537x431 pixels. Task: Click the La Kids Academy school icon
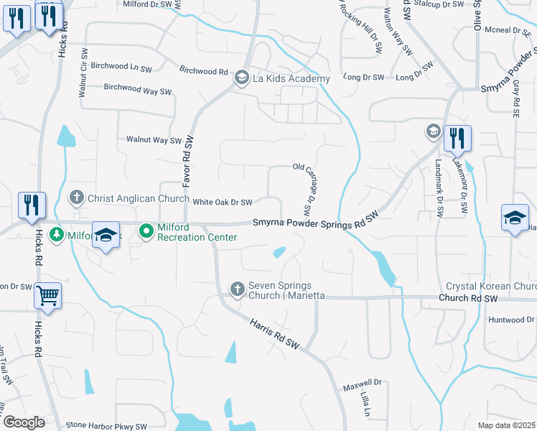[242, 78]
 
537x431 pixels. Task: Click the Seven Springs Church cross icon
[238, 289]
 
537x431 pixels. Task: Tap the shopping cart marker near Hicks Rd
[47, 295]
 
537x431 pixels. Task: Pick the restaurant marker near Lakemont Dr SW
[457, 137]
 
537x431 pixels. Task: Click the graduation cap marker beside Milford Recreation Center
[106, 236]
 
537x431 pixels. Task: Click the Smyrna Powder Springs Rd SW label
[315, 223]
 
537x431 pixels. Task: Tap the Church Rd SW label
[467, 298]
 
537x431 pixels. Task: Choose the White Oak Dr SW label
[223, 203]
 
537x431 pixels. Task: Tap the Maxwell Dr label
[363, 384]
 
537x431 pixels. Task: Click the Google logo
[24, 422]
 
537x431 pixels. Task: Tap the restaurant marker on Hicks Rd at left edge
[32, 205]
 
